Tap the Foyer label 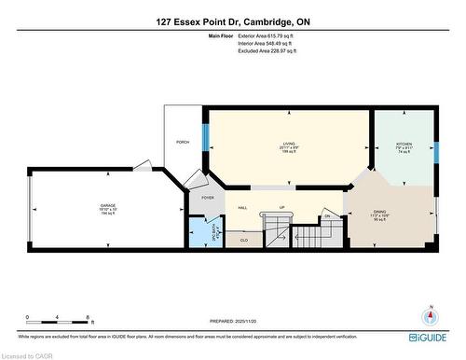[x=207, y=197]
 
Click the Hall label [x=242, y=208]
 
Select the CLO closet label [x=242, y=240]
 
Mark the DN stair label [x=327, y=216]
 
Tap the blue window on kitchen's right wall [x=435, y=152]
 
